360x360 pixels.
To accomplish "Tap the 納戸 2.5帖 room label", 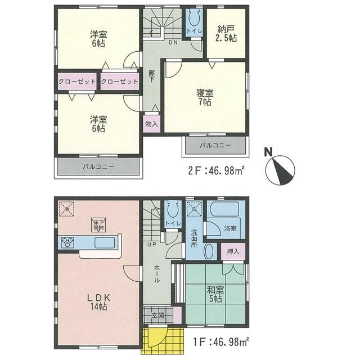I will (x=227, y=34).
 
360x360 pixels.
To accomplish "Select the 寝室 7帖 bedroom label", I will (x=204, y=97).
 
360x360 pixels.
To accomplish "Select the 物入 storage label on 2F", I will (x=151, y=123).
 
